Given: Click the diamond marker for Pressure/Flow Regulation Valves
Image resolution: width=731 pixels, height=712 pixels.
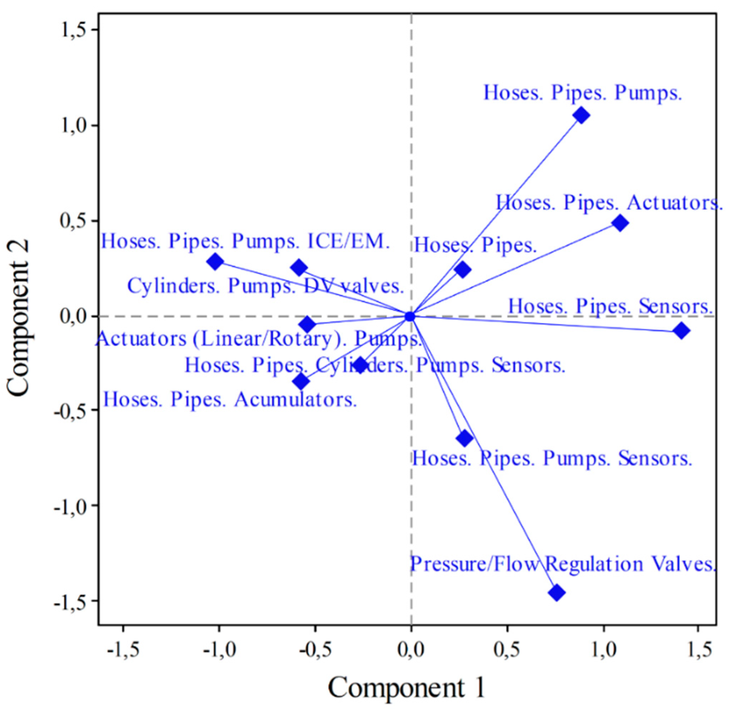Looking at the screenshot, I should pos(557,593).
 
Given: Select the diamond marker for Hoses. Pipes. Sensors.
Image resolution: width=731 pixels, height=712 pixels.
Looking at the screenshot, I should pos(681,331).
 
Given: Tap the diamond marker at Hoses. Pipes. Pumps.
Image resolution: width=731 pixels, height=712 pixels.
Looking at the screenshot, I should pos(581,115).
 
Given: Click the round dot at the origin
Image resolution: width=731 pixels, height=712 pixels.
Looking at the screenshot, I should pos(410,316).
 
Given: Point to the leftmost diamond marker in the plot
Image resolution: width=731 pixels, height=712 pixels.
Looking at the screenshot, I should pos(215,262).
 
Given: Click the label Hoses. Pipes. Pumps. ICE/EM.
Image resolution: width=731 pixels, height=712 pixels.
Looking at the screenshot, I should pos(246,242).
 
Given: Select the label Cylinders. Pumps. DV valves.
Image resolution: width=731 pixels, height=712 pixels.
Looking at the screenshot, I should pos(266,287).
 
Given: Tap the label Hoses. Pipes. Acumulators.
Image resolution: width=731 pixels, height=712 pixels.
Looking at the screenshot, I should pos(230,400).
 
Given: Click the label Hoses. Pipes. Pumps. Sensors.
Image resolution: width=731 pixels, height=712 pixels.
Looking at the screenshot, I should pos(552,459).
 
